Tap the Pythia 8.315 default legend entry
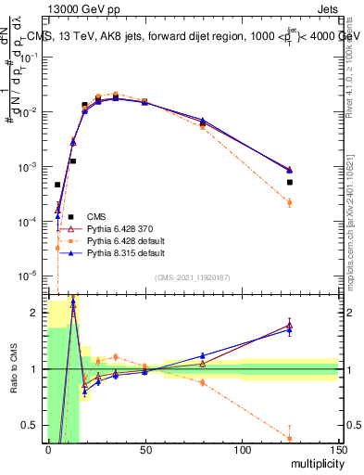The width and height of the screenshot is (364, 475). (126, 252)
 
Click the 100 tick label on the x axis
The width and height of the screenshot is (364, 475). (242, 451)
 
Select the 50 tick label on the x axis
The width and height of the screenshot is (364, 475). (144, 451)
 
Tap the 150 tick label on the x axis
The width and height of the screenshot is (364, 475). (338, 451)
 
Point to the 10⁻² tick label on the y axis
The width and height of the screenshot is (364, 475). (30, 112)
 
